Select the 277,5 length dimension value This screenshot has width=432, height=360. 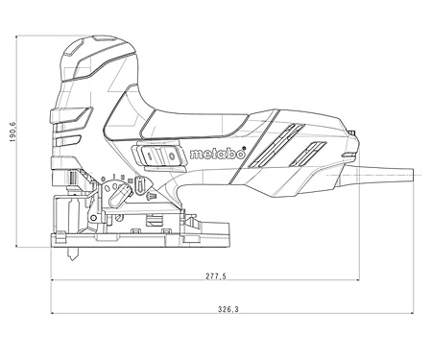point(216,276)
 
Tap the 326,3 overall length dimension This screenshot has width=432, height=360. point(228,309)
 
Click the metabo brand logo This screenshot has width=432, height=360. point(217,154)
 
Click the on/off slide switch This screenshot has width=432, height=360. point(159,156)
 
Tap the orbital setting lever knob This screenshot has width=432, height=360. point(118,196)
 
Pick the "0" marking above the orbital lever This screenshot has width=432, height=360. point(103,179)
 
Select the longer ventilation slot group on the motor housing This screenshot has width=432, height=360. point(276,146)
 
